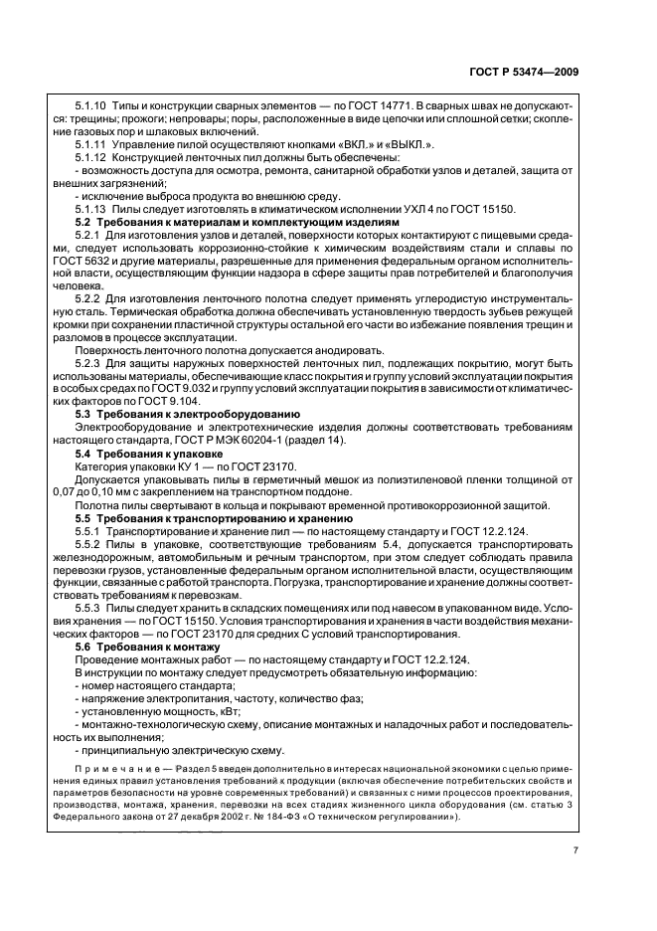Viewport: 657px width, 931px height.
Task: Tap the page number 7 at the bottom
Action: click(575, 850)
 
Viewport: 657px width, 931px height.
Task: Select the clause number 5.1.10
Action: click(90, 105)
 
